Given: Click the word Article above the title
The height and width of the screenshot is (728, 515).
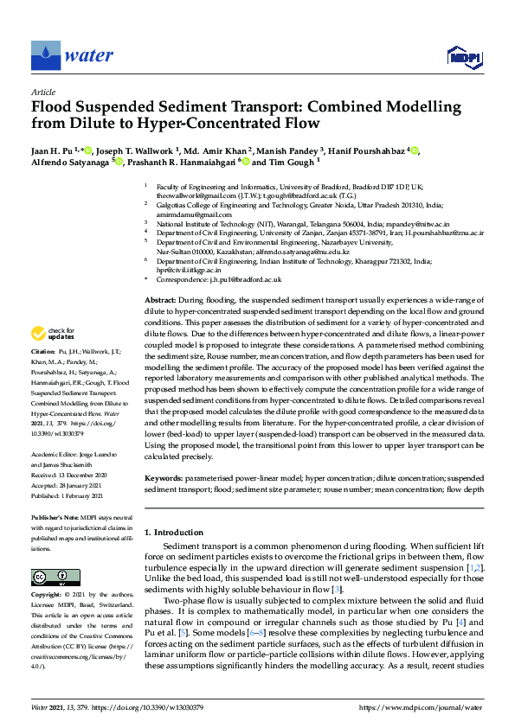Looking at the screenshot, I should coord(42,91).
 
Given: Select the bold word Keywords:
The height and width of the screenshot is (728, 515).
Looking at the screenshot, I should coord(163,478).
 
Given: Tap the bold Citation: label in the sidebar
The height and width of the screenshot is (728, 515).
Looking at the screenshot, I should coord(43,354).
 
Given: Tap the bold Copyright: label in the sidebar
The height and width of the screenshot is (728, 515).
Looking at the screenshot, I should coord(47,596).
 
